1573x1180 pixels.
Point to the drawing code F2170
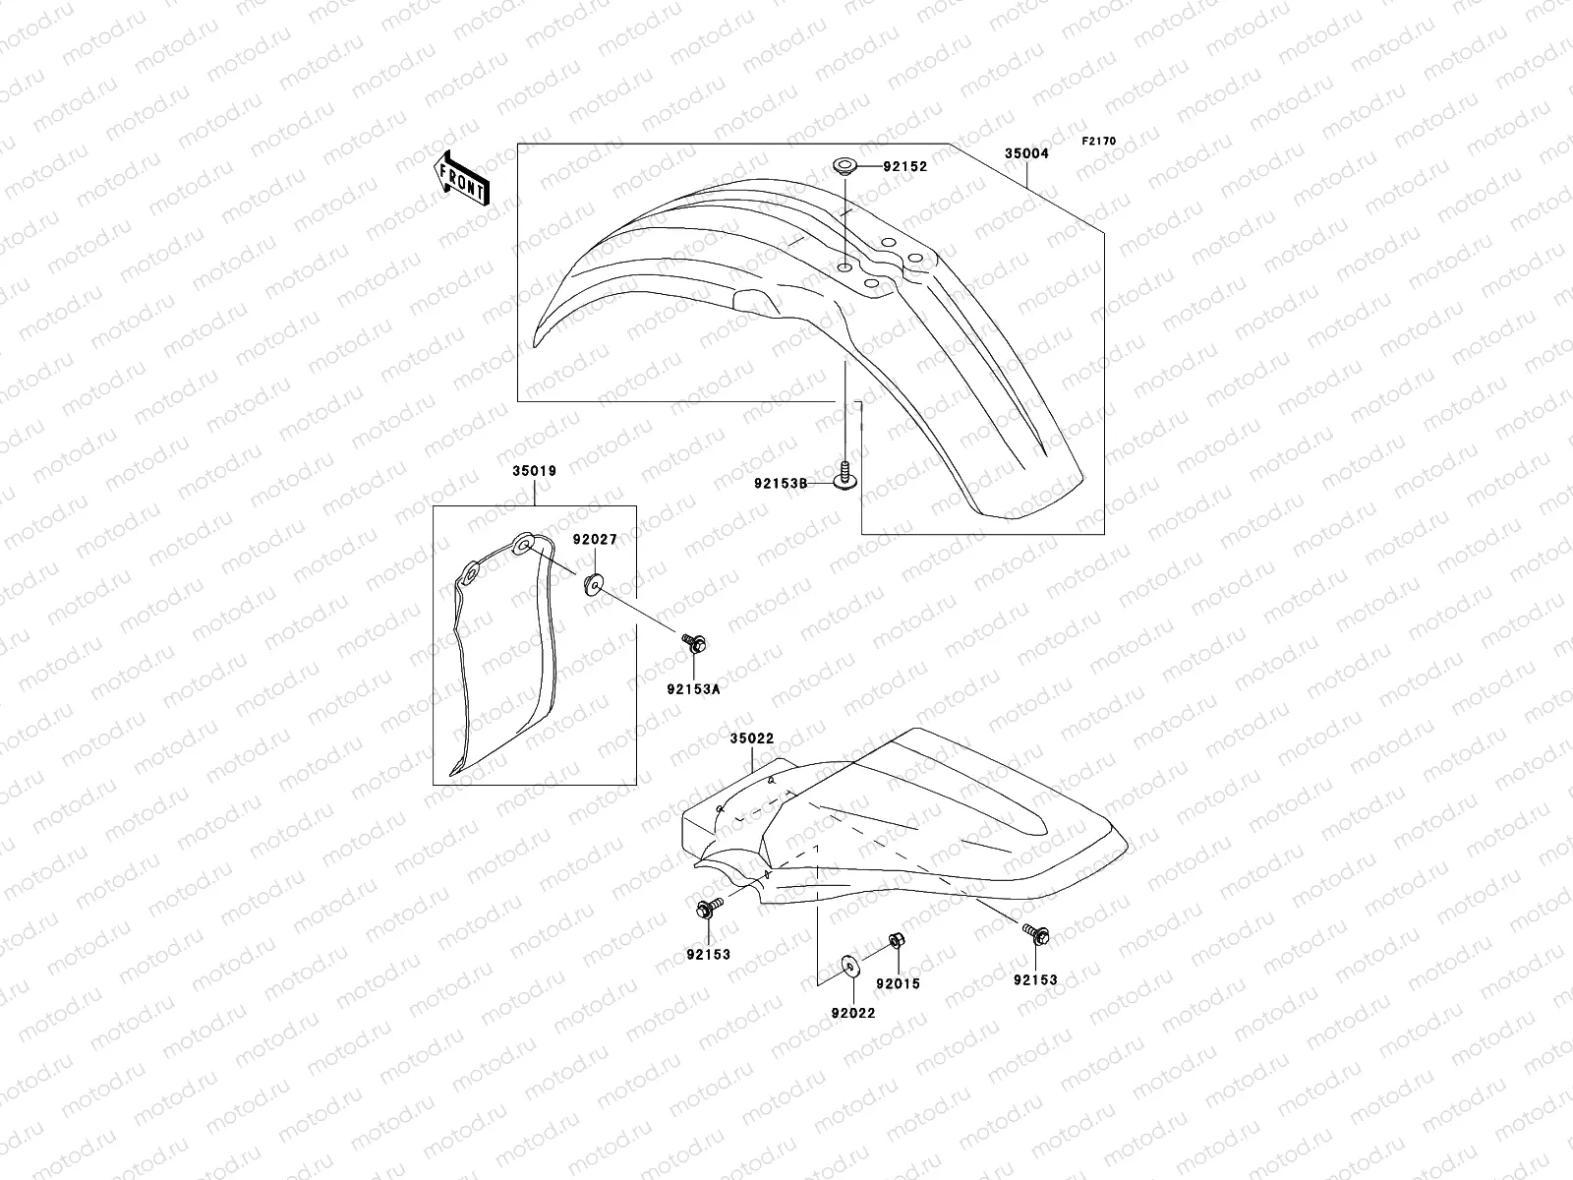[x=1099, y=142]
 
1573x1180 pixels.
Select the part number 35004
[x=1025, y=153]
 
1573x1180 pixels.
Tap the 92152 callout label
[x=904, y=167]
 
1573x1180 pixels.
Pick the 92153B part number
[x=781, y=483]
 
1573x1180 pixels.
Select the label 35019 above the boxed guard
[x=534, y=471]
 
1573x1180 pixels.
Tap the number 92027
[x=596, y=539]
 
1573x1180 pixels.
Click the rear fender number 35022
[x=752, y=737]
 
